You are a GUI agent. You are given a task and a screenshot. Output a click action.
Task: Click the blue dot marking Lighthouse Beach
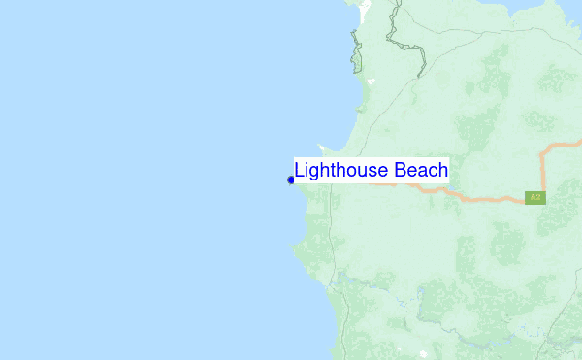click(291, 180)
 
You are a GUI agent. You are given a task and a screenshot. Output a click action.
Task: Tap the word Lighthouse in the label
click(342, 171)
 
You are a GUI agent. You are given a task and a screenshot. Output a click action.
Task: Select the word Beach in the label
click(422, 171)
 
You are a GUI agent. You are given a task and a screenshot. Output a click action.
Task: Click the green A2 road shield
click(534, 197)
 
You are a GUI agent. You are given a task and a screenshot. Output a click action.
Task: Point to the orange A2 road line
click(485, 198)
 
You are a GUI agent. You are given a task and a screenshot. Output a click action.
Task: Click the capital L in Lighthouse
click(300, 171)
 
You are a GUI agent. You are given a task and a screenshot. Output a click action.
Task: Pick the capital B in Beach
click(402, 171)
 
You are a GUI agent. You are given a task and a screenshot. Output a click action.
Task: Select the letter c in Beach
click(431, 172)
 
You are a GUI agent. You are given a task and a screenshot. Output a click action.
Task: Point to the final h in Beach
click(442, 171)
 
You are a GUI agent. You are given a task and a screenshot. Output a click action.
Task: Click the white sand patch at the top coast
click(365, 13)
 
